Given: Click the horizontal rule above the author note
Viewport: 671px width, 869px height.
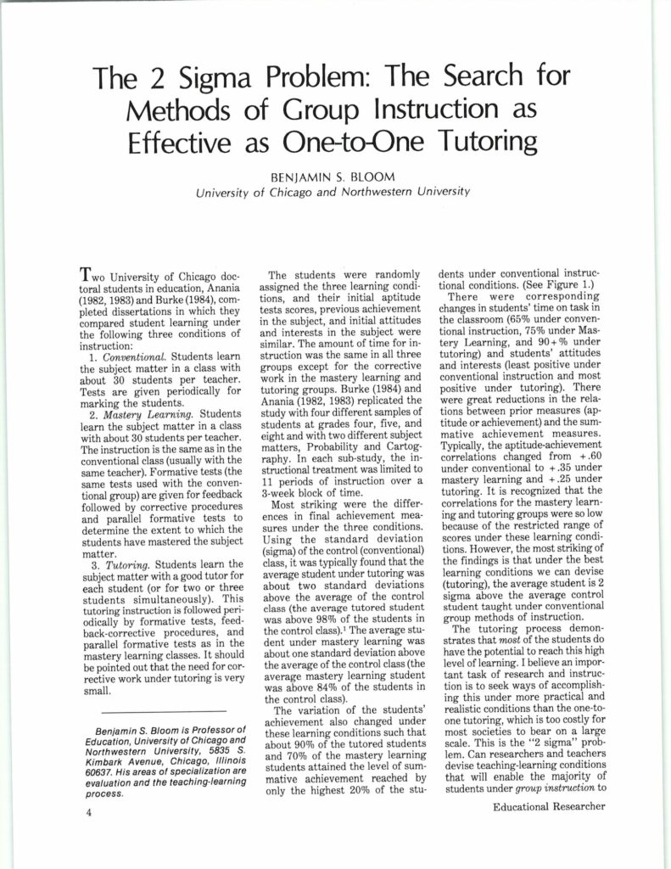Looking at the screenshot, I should (x=163, y=710).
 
